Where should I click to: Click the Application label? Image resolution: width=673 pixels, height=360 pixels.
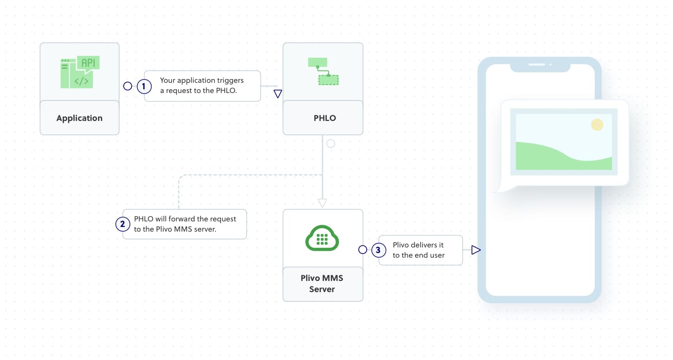point(79,118)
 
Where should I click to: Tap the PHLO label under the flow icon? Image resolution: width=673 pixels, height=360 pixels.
point(324,118)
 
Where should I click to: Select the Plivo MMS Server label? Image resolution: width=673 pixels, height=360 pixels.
point(322,284)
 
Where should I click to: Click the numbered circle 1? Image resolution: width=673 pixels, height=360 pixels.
point(144,86)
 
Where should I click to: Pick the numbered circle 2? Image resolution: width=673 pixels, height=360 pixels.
point(122,224)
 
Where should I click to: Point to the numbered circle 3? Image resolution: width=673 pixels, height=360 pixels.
point(378,250)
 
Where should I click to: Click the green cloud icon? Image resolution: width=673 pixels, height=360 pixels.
point(322,238)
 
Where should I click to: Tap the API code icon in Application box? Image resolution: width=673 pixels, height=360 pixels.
point(80,73)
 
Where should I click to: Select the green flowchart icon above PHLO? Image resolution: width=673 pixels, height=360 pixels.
point(323,71)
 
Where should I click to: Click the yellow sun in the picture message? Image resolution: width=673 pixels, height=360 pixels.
point(597,125)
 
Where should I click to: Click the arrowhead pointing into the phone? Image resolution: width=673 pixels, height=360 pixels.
point(475,250)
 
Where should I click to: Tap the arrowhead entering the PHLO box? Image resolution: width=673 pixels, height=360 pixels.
point(278,94)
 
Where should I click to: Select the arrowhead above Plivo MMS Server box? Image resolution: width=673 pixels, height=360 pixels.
point(322,203)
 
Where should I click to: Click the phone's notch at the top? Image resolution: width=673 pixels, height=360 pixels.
point(540,67)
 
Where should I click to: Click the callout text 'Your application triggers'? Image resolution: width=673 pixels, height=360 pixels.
point(202,80)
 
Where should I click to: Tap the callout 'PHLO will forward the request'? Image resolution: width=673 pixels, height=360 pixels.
point(185,219)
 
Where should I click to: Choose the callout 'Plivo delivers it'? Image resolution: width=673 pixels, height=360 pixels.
point(418,245)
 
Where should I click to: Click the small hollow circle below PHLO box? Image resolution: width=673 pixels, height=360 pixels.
point(330,144)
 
